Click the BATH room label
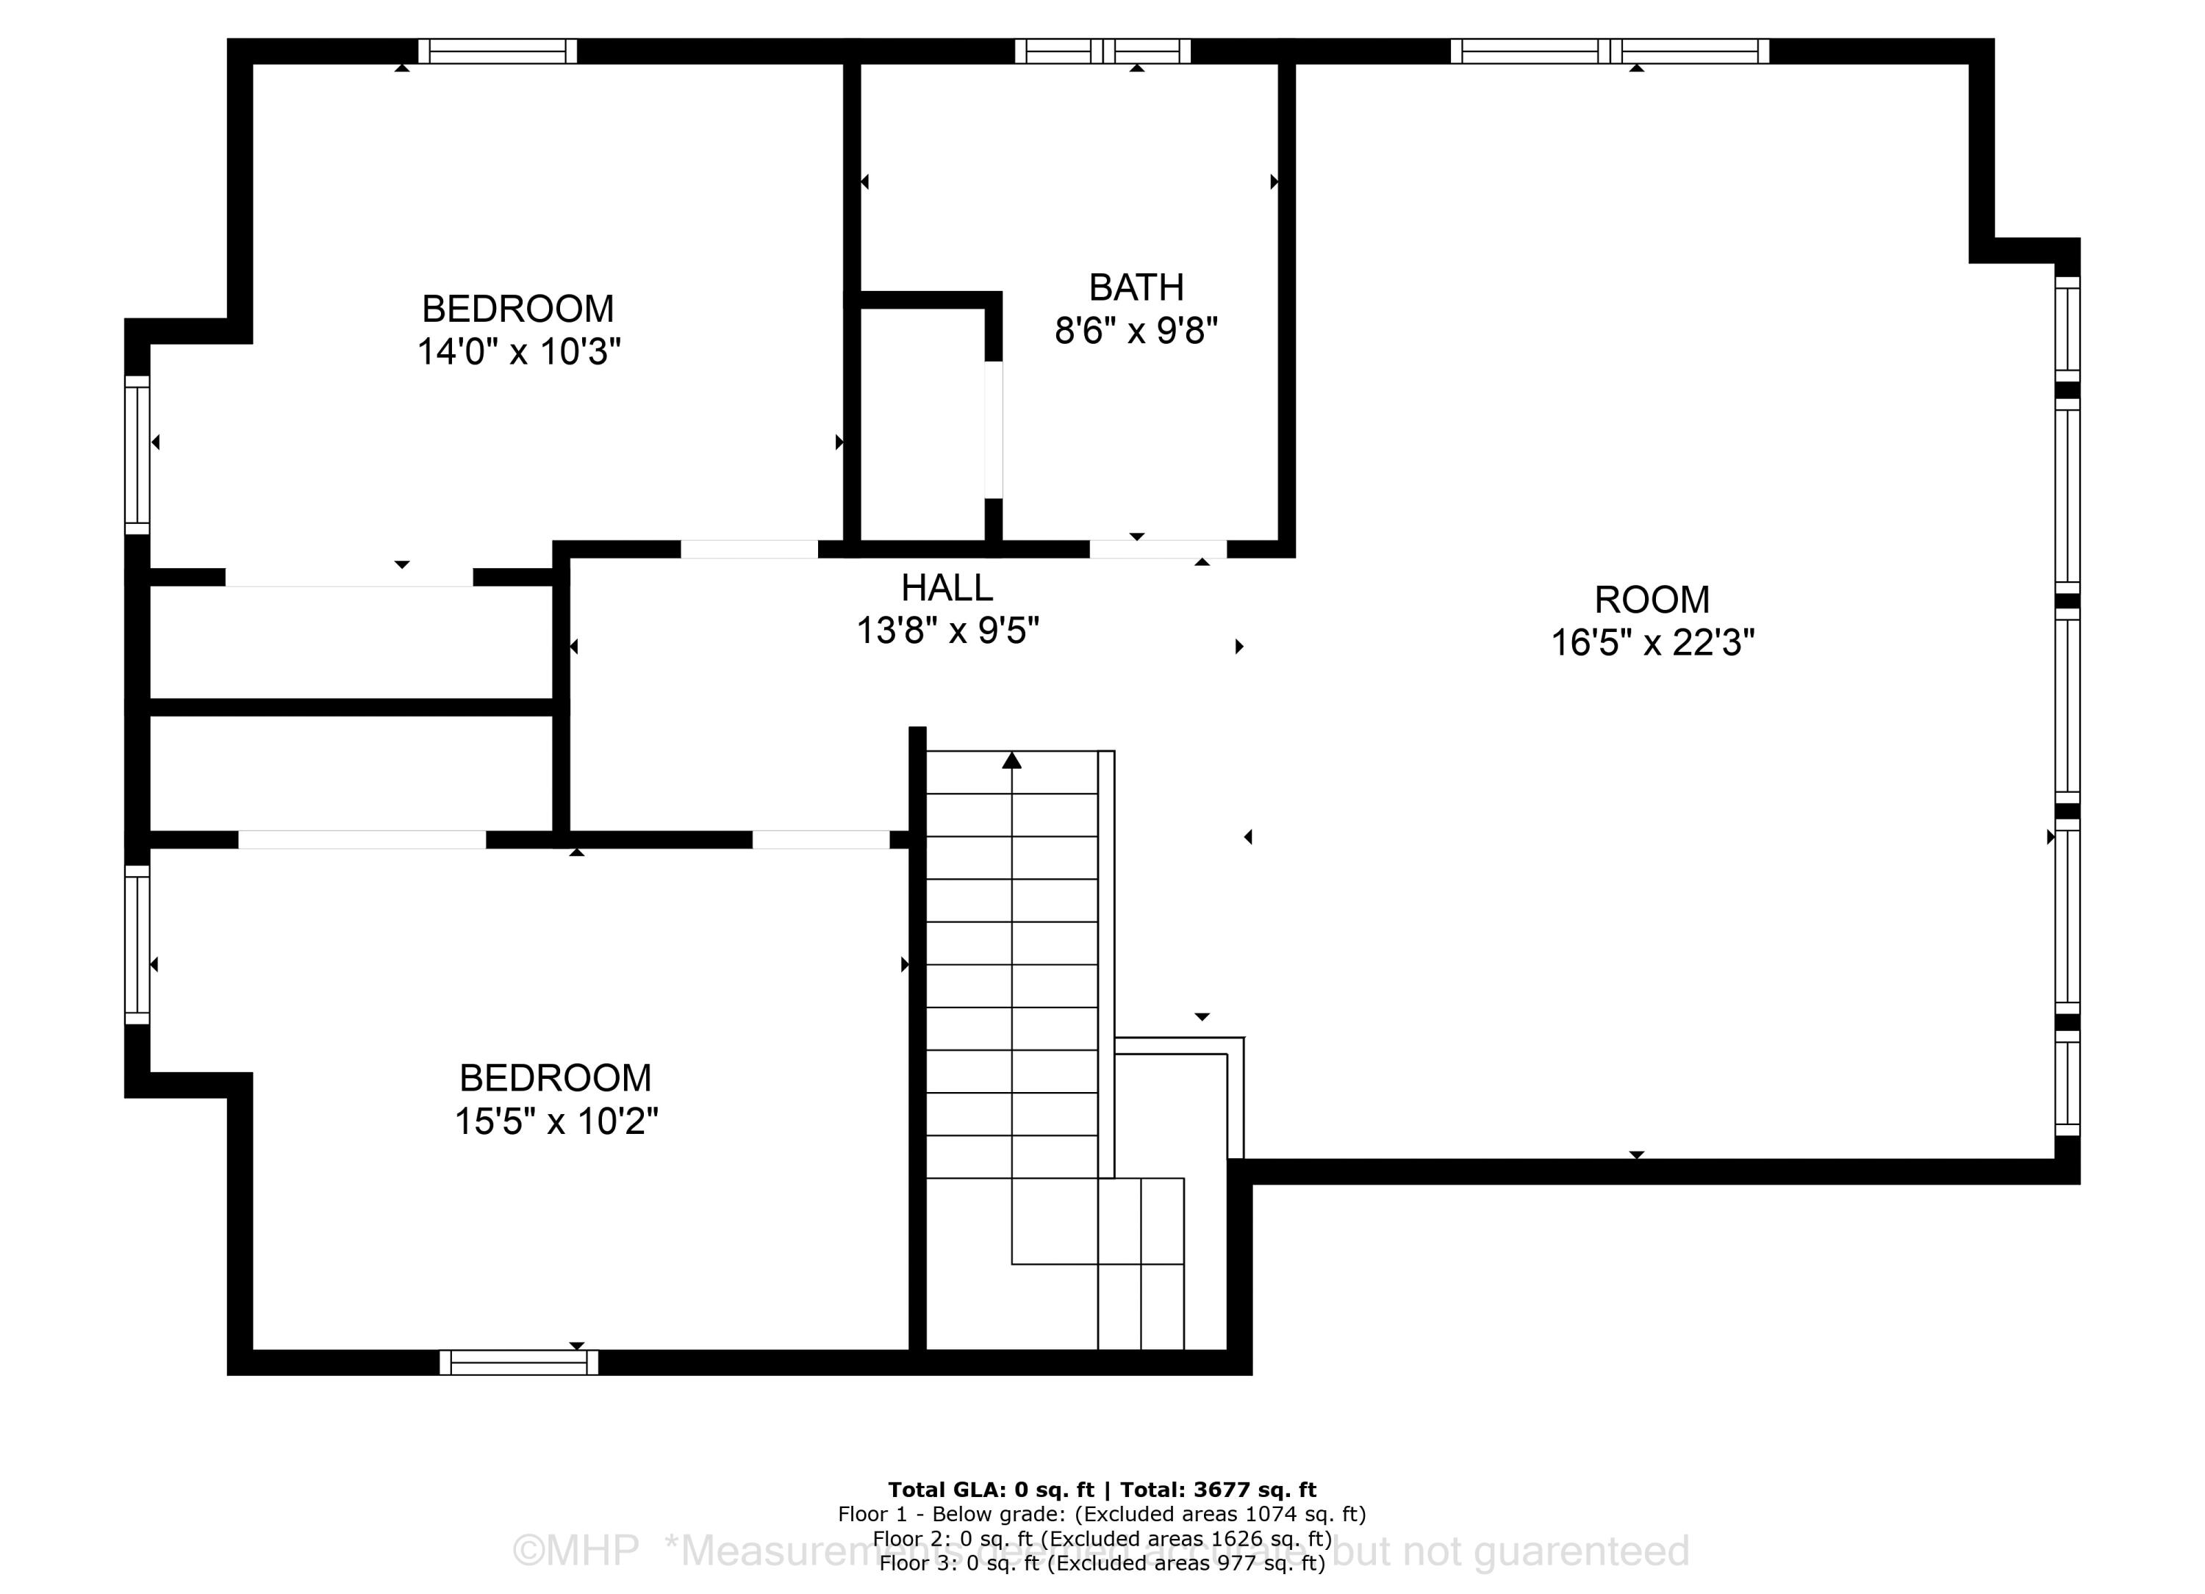1136,287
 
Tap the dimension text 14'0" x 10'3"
518,351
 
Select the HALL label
946,588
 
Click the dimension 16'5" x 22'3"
1652,642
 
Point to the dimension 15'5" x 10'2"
556,1121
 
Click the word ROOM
1652,600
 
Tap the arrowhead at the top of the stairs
1011,760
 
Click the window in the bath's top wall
1102,51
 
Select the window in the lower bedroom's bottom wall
518,1363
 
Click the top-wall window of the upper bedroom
497,51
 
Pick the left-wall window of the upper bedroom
137,455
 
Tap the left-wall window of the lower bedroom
137,944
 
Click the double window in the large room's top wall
1609,51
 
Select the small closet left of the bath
922,425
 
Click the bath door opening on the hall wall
1157,549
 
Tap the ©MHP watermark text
575,1550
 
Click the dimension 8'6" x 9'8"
1136,331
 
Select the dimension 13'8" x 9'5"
946,631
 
